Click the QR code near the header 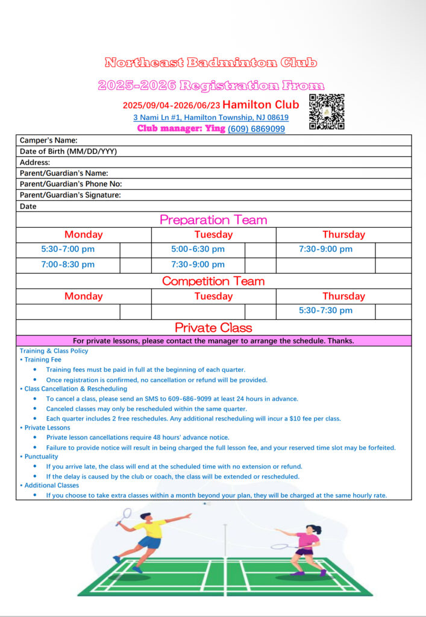(x=327, y=111)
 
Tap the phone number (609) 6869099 (x=256, y=129)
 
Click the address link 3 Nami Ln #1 (x=210, y=117)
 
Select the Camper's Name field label (x=48, y=140)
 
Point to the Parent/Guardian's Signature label (x=70, y=195)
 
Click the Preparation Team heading (x=213, y=220)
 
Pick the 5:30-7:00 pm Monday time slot (x=67, y=249)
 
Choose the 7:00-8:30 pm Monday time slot (x=67, y=265)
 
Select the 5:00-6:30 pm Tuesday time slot (x=198, y=249)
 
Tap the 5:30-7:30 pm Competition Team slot (x=325, y=311)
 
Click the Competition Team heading (x=213, y=281)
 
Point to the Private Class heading (x=213, y=328)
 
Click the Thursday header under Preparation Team (x=343, y=235)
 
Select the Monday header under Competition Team (x=83, y=296)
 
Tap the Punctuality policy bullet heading (x=40, y=457)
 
